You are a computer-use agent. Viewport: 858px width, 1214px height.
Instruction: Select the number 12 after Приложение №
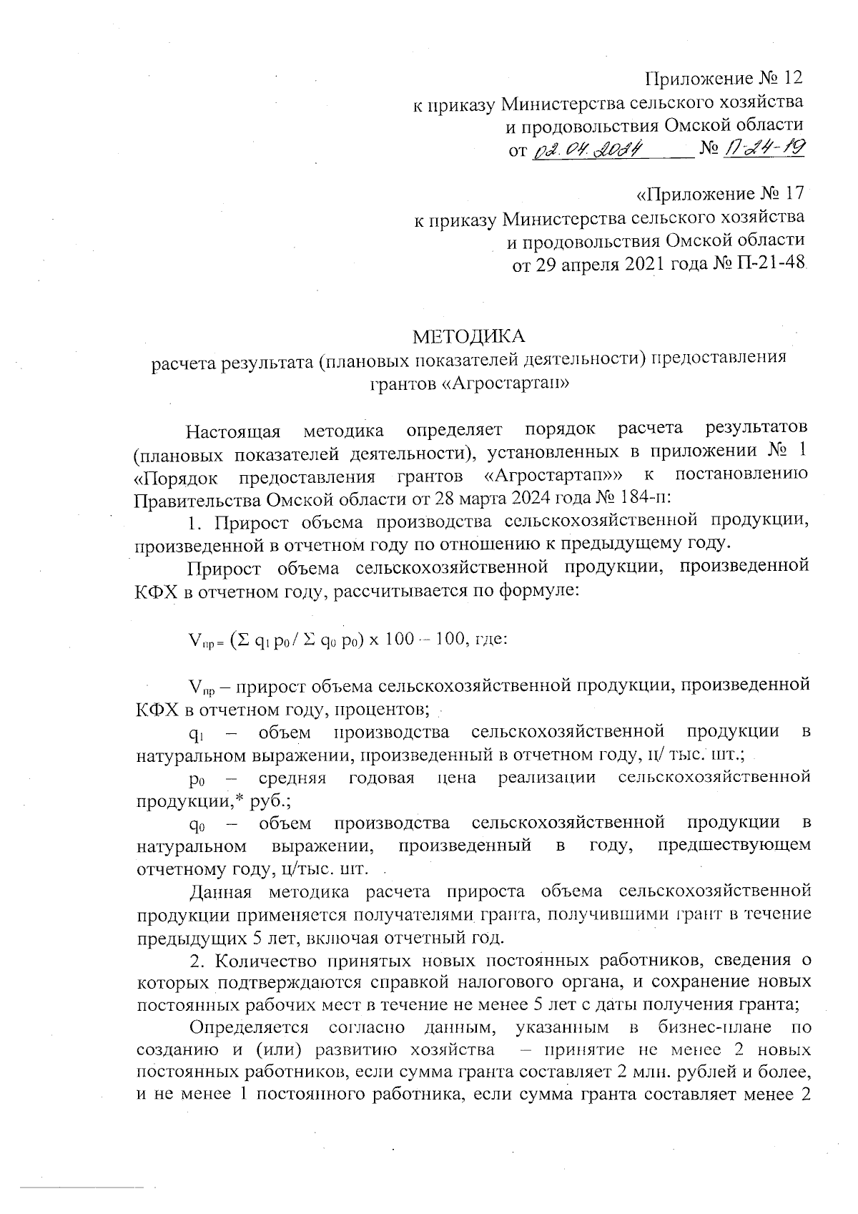793,77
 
